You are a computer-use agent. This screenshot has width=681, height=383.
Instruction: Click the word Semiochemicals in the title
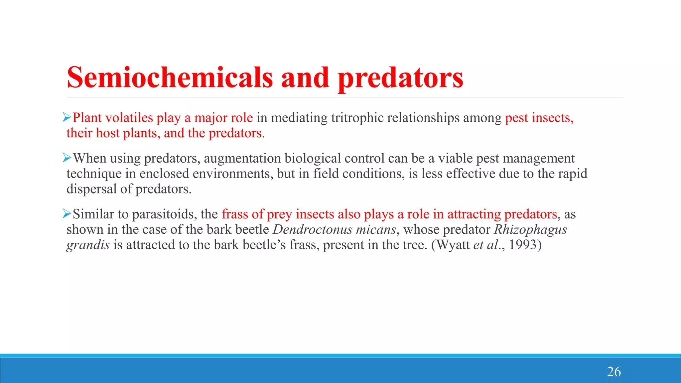point(170,77)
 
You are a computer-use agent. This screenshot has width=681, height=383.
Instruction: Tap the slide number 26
point(613,372)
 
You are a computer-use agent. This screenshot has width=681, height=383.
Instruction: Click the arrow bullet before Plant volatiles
point(67,117)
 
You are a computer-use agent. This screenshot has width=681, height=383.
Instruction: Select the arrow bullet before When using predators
point(67,158)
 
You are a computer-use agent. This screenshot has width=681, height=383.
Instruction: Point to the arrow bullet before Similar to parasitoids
point(67,214)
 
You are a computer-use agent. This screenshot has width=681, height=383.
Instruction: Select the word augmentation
point(242,159)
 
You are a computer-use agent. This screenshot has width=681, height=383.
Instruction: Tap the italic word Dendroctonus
point(313,229)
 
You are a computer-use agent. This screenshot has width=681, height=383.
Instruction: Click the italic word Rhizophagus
point(530,229)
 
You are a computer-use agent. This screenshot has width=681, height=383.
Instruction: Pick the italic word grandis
point(88,245)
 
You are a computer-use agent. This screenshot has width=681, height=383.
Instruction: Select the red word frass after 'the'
point(234,214)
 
